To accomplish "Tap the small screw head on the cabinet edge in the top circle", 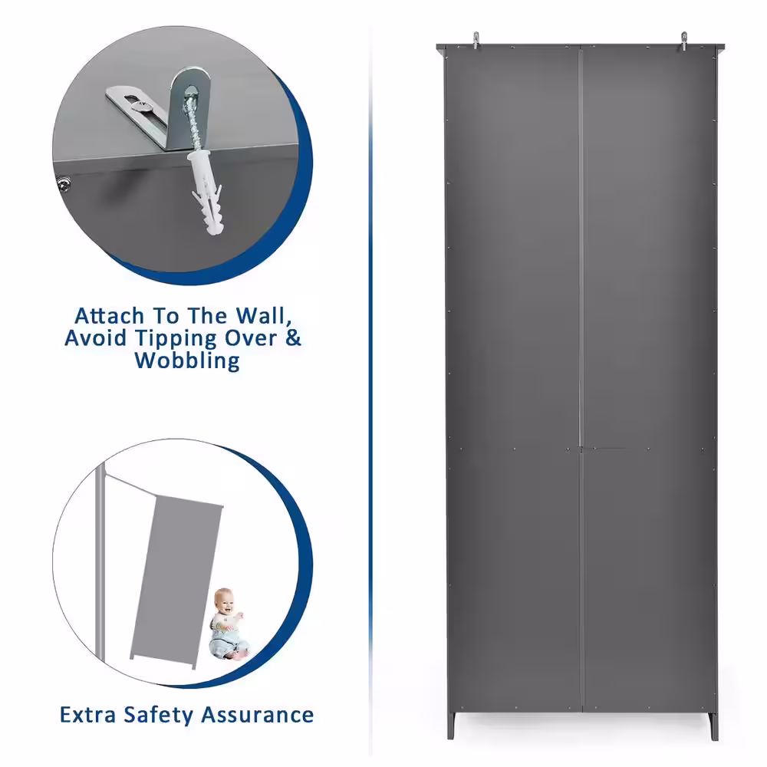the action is (x=64, y=184).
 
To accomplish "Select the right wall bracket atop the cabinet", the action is (x=684, y=41).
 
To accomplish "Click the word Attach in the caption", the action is (x=109, y=316).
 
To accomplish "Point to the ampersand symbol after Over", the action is (x=293, y=338).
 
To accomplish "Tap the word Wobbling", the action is (x=187, y=361).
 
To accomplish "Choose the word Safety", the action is (x=159, y=716).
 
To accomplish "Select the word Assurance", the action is (x=257, y=715).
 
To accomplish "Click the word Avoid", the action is (x=96, y=338).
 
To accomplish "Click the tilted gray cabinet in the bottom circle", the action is (x=176, y=581).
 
